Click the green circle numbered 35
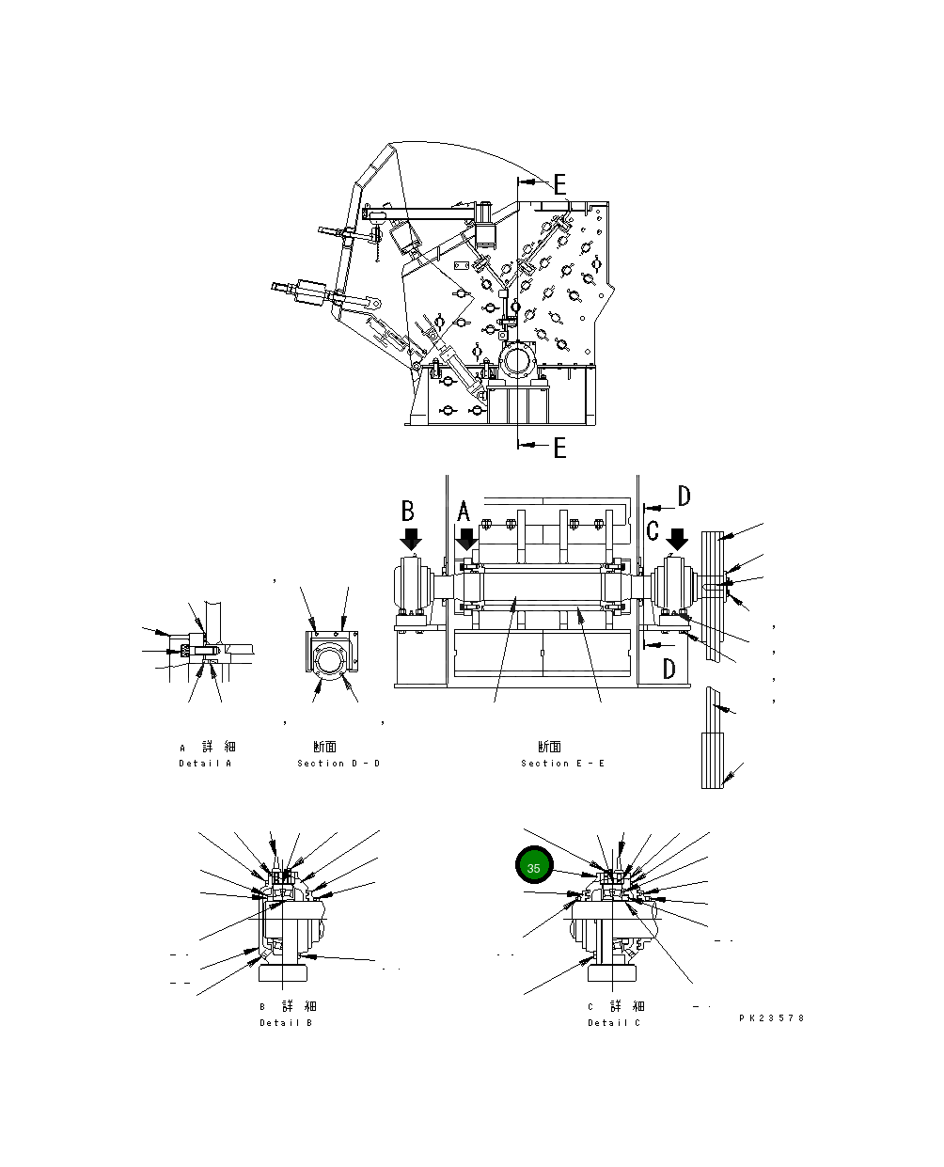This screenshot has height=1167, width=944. [x=533, y=867]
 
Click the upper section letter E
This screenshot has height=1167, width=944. [x=559, y=184]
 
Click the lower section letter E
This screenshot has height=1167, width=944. [x=559, y=448]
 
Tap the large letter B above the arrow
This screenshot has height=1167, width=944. [x=408, y=511]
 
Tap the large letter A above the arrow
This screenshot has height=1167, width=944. [x=464, y=513]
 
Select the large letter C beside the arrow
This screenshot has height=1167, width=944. [x=653, y=530]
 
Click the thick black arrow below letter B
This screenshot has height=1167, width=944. [x=411, y=539]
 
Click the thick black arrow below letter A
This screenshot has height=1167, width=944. [x=466, y=540]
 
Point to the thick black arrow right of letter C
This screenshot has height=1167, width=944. [x=677, y=539]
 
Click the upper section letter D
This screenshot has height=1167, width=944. [x=684, y=497]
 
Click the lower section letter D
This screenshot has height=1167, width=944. [x=669, y=669]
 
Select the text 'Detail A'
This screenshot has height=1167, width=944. [x=205, y=763]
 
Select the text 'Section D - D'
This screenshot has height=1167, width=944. [x=338, y=763]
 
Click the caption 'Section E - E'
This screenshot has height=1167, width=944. [x=563, y=763]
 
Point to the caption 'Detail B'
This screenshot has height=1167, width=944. [x=286, y=1022]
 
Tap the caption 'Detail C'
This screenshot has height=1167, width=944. [x=614, y=1022]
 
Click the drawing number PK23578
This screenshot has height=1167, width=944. [x=772, y=1017]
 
